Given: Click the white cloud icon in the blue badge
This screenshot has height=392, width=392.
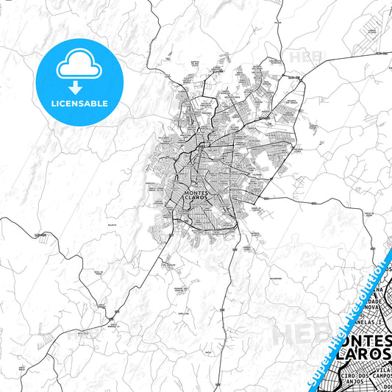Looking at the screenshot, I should point(79,65).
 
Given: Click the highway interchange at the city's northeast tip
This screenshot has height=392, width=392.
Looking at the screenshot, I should point(296,77).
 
